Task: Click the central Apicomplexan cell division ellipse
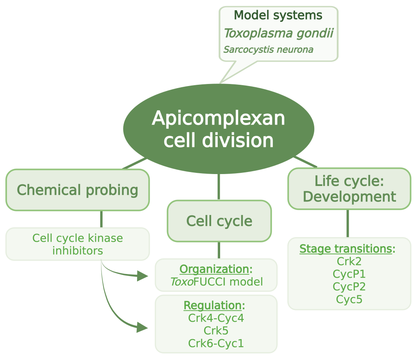[x=219, y=129]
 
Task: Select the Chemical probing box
[x=77, y=190]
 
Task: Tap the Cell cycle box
[x=219, y=221]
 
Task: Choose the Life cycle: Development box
[x=349, y=188]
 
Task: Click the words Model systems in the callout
[x=278, y=16]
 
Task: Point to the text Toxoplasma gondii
[x=278, y=33]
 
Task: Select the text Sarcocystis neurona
[x=268, y=50]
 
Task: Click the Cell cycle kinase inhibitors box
[x=77, y=244]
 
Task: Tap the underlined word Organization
[x=214, y=269]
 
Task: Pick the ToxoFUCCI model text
[x=216, y=282]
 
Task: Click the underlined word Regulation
[x=212, y=305]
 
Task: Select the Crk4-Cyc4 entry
[x=216, y=318]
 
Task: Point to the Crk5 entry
[x=216, y=331]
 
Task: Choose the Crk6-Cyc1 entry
[x=216, y=343]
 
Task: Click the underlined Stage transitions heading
[x=346, y=249]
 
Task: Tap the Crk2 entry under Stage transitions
[x=349, y=261]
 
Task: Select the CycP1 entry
[x=349, y=274]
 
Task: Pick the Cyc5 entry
[x=349, y=299]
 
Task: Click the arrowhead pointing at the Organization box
[x=142, y=276]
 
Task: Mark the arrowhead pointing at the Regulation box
[x=142, y=327]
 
